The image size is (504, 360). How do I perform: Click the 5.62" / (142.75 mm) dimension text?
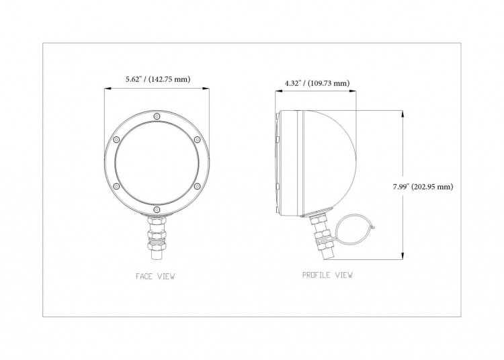[x=158, y=79]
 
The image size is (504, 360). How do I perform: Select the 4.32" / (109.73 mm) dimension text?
[x=317, y=83]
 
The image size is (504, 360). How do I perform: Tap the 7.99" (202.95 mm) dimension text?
[x=423, y=187]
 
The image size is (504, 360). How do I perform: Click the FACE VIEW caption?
[x=155, y=276]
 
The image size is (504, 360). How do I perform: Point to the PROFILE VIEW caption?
[x=327, y=275]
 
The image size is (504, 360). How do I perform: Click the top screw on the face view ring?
[x=157, y=116]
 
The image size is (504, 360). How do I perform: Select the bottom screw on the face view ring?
[x=157, y=210]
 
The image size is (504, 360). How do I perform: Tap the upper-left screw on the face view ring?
[x=116, y=140]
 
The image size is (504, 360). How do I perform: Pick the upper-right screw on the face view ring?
[x=198, y=140]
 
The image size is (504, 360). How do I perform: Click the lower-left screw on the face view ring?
[x=116, y=186]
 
